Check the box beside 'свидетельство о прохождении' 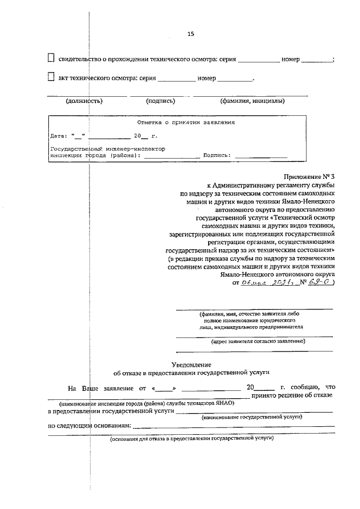coord(51,58)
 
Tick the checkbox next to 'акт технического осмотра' coord(51,77)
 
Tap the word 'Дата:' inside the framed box coord(58,136)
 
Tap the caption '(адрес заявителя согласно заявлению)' coord(258,341)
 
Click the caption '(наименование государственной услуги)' coord(251,416)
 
